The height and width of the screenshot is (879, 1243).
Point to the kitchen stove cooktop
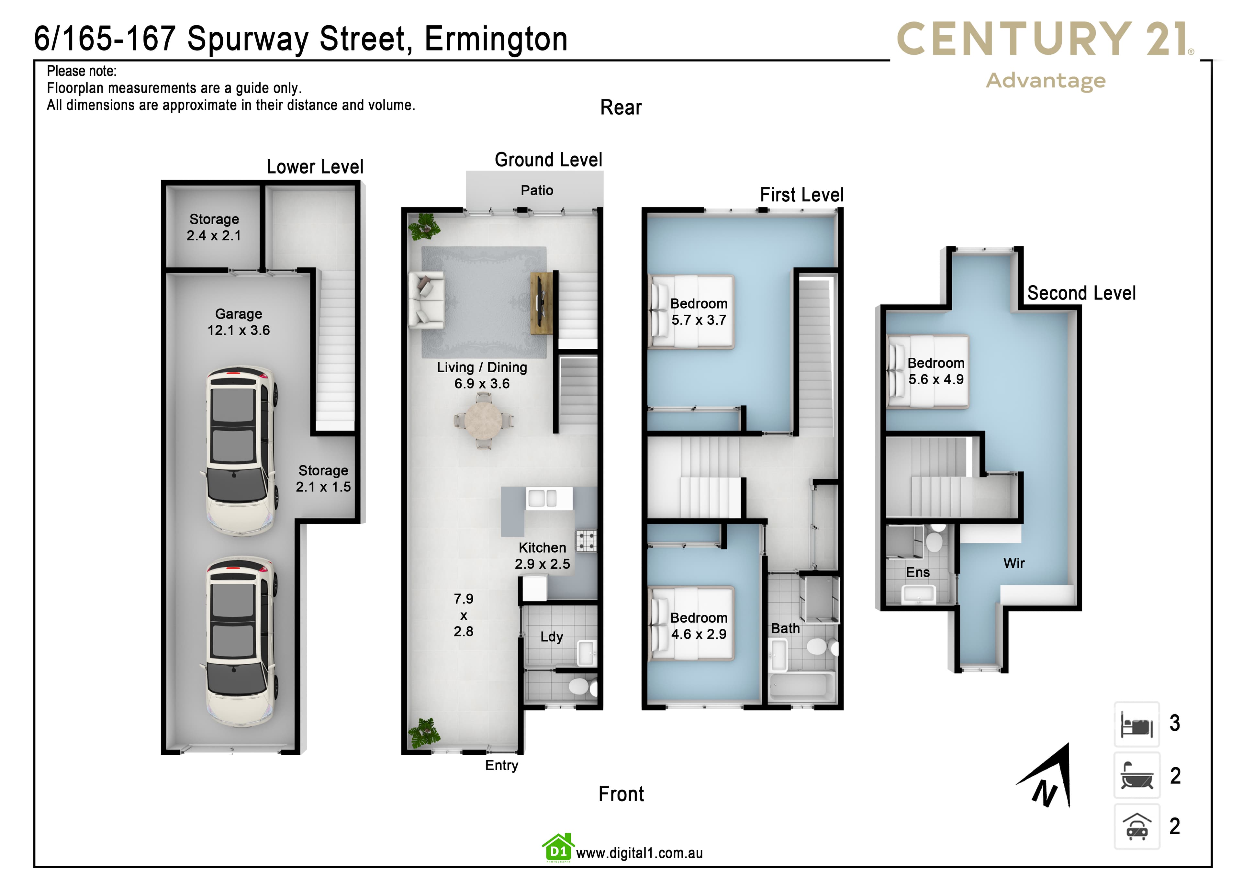coord(586,540)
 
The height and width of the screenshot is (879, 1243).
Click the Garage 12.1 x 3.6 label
coord(239,322)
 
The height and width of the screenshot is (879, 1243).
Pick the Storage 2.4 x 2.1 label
coord(214,227)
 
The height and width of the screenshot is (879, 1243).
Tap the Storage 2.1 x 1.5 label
coord(323,478)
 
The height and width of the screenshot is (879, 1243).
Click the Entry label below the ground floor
coord(501,765)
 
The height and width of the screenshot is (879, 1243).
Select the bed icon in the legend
coord(1137,724)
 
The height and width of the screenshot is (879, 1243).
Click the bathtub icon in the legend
coord(1137,775)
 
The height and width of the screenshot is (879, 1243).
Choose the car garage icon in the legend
coord(1137,827)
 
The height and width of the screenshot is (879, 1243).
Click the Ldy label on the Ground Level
coord(552,637)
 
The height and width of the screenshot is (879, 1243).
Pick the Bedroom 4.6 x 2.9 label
coord(699,626)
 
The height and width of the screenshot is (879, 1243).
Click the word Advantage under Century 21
coord(1046,81)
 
